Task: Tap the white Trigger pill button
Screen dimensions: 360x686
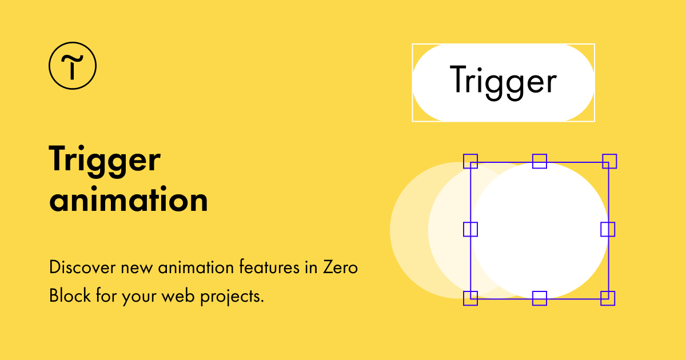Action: pyautogui.click(x=503, y=82)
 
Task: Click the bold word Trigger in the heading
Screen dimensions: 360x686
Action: pyautogui.click(x=105, y=159)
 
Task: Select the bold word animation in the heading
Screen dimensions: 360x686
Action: pyautogui.click(x=129, y=200)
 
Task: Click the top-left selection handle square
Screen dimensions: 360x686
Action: pyautogui.click(x=470, y=161)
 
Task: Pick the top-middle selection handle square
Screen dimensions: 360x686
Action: pyautogui.click(x=540, y=161)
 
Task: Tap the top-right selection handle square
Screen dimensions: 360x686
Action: pyautogui.click(x=609, y=161)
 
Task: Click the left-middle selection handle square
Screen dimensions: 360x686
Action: pyautogui.click(x=470, y=229)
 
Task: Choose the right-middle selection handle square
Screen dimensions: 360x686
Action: pyautogui.click(x=608, y=229)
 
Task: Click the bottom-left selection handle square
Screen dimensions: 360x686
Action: pyautogui.click(x=470, y=298)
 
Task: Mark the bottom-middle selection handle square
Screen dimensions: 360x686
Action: pyautogui.click(x=540, y=298)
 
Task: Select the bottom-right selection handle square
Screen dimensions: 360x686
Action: pyautogui.click(x=608, y=298)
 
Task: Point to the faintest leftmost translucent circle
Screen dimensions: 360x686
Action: pyautogui.click(x=407, y=230)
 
